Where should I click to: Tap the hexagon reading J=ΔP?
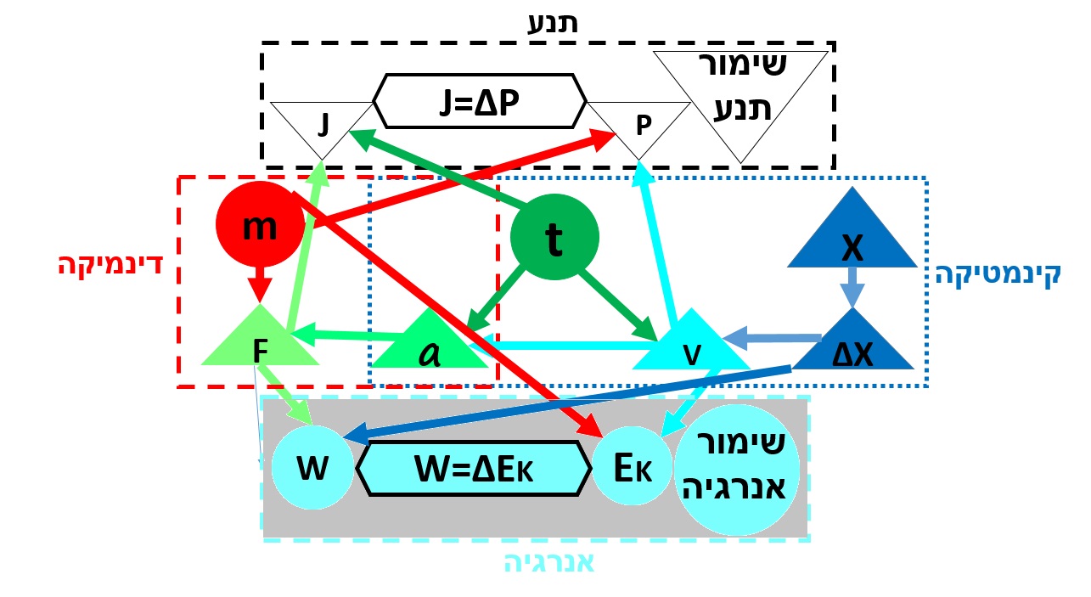click(480, 100)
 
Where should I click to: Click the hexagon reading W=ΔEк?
click(473, 468)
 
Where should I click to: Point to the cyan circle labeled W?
click(312, 467)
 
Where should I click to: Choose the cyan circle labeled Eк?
click(631, 467)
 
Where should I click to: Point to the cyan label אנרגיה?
click(550, 565)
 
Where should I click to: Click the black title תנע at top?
click(553, 22)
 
